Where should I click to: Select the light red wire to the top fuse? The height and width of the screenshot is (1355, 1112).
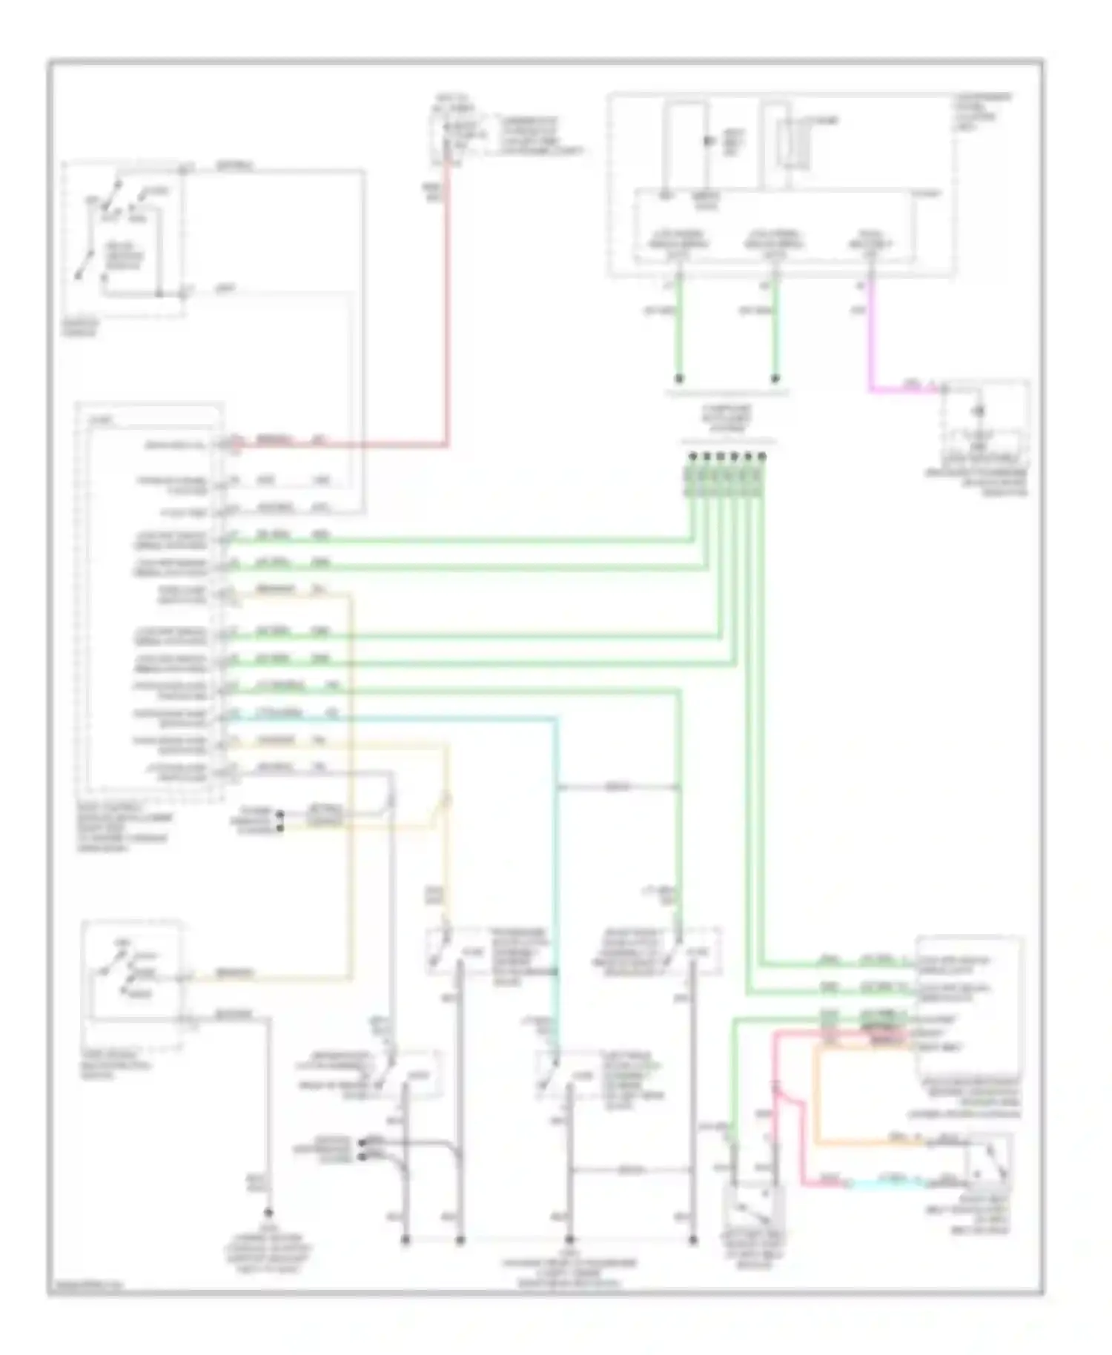pos(448,311)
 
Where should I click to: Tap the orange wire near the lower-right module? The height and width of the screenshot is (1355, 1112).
pos(815,1097)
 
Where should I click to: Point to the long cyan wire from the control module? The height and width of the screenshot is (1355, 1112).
pos(555,852)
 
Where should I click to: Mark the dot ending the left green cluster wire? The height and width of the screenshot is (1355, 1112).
pos(679,379)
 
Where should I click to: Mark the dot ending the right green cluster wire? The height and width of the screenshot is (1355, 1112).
pos(775,379)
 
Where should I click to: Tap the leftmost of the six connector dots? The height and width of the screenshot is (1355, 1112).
pos(692,457)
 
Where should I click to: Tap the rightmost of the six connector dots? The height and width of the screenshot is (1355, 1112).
pos(762,457)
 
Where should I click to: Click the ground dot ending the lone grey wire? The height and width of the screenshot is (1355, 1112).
pos(268,1213)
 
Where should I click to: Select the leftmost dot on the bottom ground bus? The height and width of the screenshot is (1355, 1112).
pos(406,1239)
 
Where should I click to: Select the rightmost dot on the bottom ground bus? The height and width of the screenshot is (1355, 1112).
pos(692,1239)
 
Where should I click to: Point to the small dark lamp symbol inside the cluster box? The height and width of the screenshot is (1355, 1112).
pos(709,141)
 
